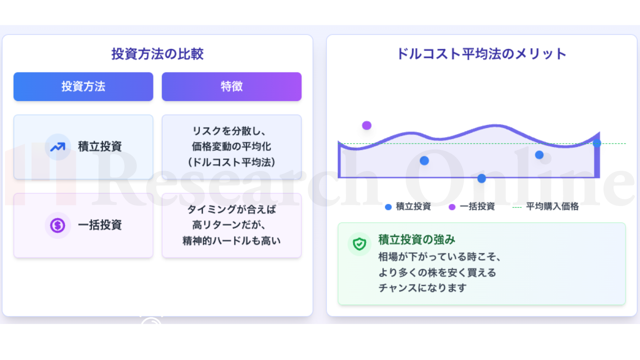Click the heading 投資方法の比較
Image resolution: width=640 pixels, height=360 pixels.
pos(157,53)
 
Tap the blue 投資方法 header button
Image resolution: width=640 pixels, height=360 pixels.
pos(83,86)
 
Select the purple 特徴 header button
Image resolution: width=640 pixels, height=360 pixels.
pos(231,86)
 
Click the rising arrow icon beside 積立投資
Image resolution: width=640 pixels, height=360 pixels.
pos(57,147)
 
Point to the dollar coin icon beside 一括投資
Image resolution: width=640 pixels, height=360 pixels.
pos(57,225)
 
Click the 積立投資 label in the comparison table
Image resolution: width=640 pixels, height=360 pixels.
pos(100,146)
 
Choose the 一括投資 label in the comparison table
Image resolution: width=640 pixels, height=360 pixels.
pos(100,225)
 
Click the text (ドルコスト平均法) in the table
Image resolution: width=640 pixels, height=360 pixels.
pos(231,162)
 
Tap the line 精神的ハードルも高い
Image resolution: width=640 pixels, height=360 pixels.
pos(231,241)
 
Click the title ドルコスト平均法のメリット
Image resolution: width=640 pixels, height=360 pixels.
pos(481,53)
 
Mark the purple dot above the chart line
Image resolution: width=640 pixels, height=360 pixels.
pos(366,125)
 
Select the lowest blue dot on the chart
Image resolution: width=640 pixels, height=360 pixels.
pos(481,178)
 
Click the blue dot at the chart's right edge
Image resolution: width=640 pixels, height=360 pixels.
pos(597,143)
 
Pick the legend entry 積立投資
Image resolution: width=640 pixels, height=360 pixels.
pos(408,206)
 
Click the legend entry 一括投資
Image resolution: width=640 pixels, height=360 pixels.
pos(472,206)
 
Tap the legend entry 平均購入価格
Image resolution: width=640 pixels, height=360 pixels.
pos(545,206)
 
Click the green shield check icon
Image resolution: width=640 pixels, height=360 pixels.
pos(359,244)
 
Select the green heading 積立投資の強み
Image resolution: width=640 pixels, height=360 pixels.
pos(416,239)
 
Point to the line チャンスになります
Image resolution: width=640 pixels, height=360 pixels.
pos(422,287)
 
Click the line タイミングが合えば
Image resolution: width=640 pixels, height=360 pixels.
pos(231,209)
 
